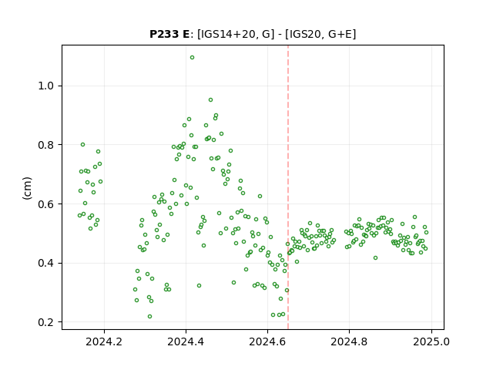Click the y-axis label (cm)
(27, 188)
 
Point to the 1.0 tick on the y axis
(46, 86)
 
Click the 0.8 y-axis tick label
(46, 145)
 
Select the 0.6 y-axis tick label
(46, 204)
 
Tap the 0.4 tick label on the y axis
(46, 264)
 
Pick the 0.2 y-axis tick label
(46, 322)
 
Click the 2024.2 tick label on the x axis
(104, 341)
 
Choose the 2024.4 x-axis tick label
(186, 341)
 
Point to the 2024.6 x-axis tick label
(267, 341)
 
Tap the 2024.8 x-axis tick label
(349, 341)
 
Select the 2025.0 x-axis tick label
(431, 341)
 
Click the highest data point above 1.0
(192, 58)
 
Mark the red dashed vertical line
(288, 187)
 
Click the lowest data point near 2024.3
(149, 317)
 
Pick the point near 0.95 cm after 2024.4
(210, 100)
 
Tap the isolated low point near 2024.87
(375, 258)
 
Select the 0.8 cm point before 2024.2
(82, 145)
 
